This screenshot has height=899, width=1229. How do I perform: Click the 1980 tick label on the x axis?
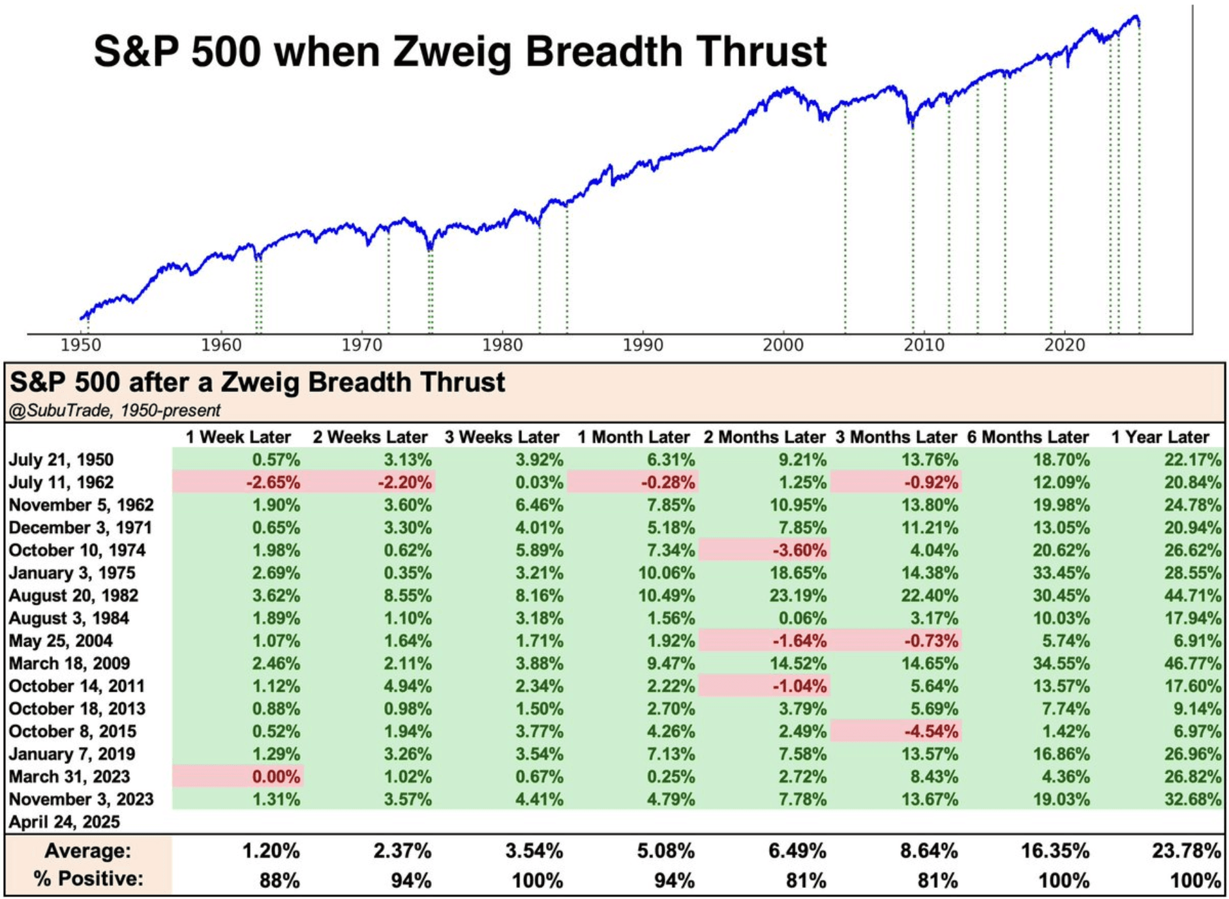(502, 344)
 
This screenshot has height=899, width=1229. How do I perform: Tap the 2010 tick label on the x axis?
(924, 344)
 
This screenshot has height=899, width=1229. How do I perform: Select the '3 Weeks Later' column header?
(502, 437)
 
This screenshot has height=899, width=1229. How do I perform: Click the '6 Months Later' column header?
(1027, 437)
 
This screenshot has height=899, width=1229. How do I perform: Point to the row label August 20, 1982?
(74, 596)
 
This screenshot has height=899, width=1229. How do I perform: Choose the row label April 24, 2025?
(65, 822)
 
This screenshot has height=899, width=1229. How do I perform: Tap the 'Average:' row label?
(87, 851)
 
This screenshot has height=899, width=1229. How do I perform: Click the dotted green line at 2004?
(845, 222)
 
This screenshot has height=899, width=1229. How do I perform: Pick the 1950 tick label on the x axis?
(81, 344)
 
